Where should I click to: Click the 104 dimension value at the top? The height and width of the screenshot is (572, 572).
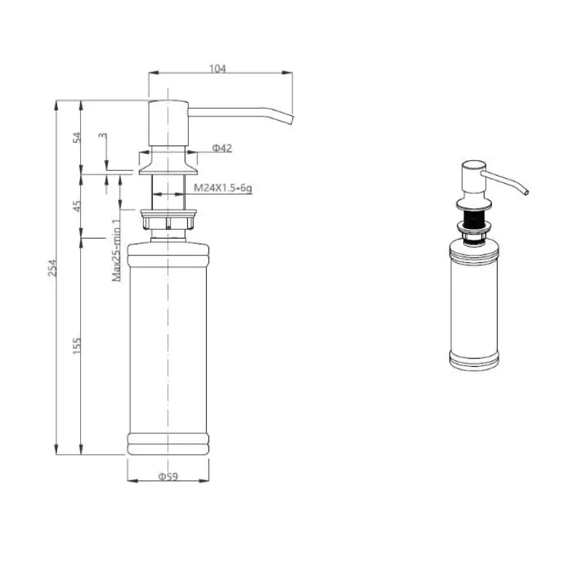point(217,69)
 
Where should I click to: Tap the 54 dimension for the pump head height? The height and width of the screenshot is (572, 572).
point(77,137)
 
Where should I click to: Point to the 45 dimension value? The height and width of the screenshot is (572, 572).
point(77,207)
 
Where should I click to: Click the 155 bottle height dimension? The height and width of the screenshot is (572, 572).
point(77,344)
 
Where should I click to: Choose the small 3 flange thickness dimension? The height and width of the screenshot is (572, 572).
point(102,135)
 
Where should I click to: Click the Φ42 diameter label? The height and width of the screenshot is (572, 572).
point(222,148)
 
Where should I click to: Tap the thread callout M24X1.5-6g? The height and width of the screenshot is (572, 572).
point(223,187)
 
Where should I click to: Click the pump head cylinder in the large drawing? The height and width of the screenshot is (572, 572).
point(168,125)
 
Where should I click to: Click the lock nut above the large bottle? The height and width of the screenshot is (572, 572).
point(168,218)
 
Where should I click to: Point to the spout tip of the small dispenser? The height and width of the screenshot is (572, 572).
point(526,192)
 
